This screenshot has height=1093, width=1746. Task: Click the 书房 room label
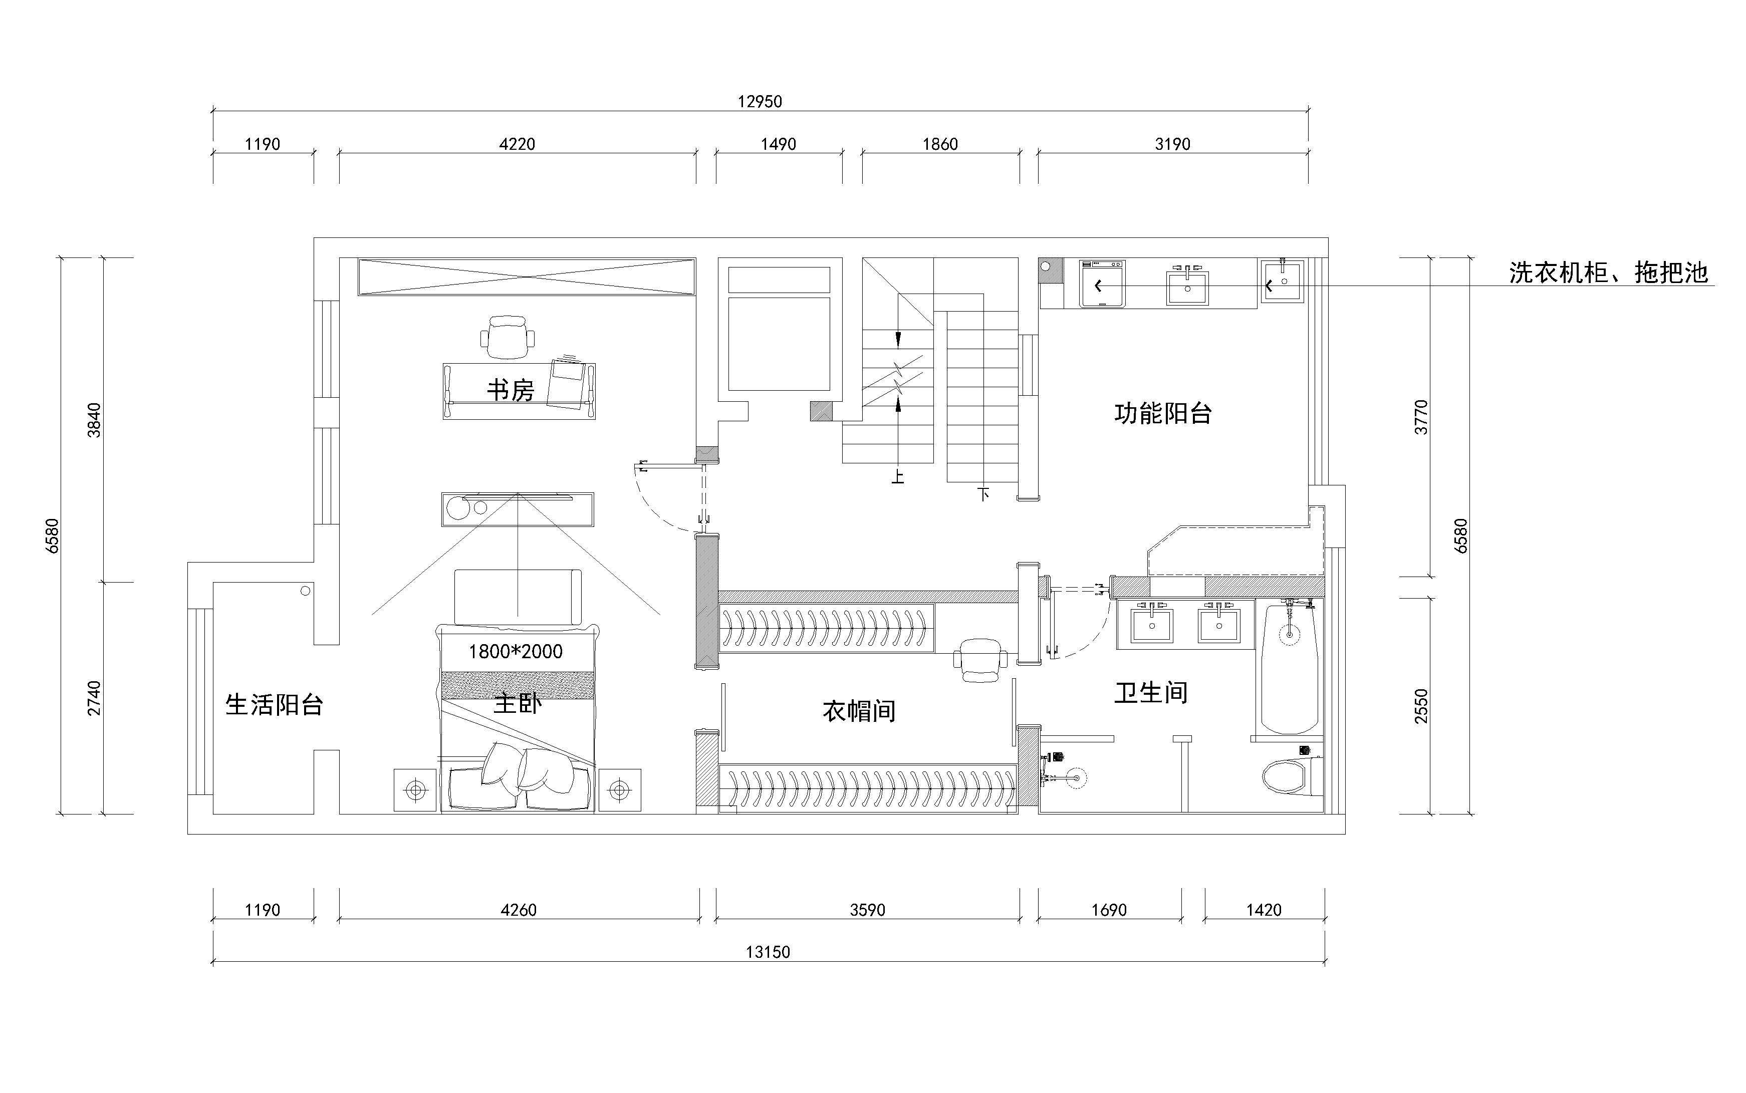(x=511, y=390)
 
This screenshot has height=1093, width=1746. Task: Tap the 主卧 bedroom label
(x=518, y=703)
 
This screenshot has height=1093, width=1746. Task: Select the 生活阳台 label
(x=274, y=705)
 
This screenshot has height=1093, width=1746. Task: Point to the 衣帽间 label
(x=859, y=711)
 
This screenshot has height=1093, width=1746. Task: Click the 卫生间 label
(x=1151, y=693)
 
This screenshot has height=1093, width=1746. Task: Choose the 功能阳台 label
(x=1162, y=413)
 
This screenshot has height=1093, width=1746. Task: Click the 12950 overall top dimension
(x=760, y=101)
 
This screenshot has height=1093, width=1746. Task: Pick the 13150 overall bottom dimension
(x=768, y=952)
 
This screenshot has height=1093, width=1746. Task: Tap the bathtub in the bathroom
(x=1289, y=669)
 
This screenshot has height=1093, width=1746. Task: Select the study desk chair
(x=508, y=337)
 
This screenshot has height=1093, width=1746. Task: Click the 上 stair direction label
(x=897, y=477)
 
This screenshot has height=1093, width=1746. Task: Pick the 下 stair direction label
(x=983, y=494)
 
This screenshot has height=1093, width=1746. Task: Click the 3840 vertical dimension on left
(x=94, y=420)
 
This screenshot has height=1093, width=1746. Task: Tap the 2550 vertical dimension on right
(x=1421, y=705)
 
